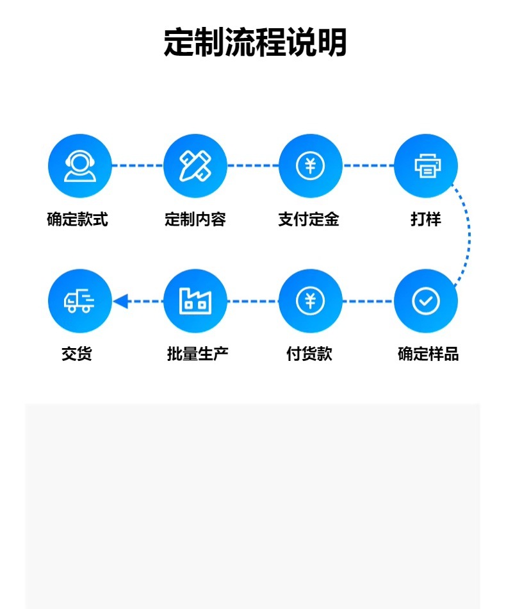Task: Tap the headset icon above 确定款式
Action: [x=80, y=166]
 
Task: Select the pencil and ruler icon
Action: [x=195, y=166]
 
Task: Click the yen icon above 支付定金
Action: [x=311, y=166]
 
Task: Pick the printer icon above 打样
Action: [x=426, y=166]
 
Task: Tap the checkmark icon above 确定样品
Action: [x=426, y=301]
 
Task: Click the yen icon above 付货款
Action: [x=311, y=301]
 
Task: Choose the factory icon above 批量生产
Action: [x=195, y=301]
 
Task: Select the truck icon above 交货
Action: [x=80, y=301]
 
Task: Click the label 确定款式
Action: [x=78, y=219]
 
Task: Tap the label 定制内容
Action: [x=195, y=219]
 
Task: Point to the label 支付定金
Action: [x=309, y=219]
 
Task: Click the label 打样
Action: [x=426, y=219]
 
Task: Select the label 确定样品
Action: [x=428, y=354]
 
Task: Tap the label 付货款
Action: [x=309, y=354]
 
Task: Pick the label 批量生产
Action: [x=197, y=354]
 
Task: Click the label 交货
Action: [x=77, y=354]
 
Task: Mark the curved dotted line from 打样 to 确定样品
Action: [x=469, y=234]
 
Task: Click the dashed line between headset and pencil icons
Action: [x=138, y=166]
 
